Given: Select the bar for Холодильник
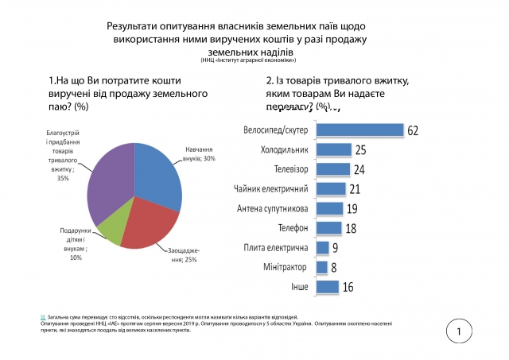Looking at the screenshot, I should [334, 149].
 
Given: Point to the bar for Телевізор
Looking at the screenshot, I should [333, 168].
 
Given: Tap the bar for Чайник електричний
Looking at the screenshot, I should [331, 188].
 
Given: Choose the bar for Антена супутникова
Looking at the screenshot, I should [329, 208].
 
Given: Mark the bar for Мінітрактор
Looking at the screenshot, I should [322, 267].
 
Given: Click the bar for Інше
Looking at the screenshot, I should [328, 286].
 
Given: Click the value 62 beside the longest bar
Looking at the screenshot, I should [412, 130].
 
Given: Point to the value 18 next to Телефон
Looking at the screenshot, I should [351, 228].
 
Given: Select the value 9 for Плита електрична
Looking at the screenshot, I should [335, 248].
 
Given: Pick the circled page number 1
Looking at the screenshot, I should [459, 331].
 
